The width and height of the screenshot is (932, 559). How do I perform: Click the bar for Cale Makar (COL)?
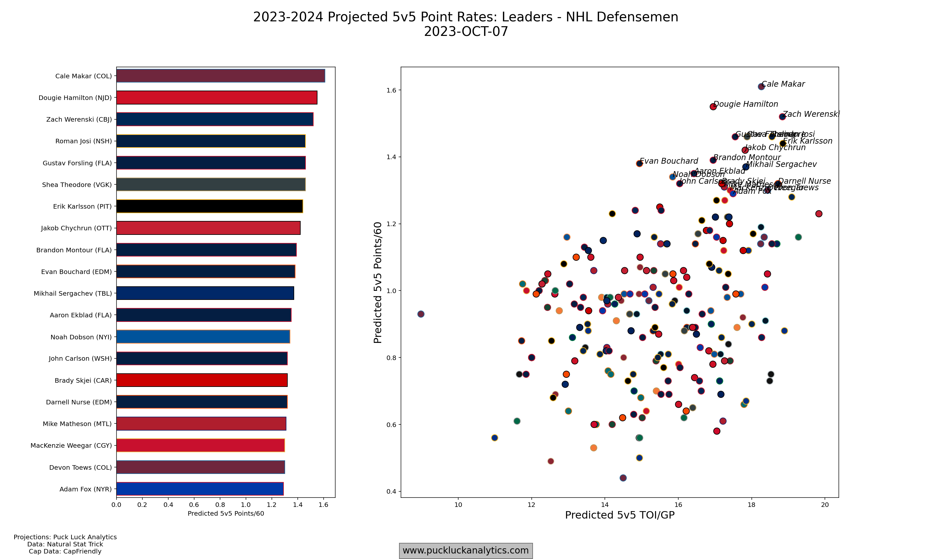[x=220, y=76]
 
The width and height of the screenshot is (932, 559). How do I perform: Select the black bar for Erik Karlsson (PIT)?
[x=209, y=206]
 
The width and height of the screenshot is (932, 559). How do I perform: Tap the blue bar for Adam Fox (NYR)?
[x=200, y=489]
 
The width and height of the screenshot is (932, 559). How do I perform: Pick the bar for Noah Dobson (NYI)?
[x=203, y=337]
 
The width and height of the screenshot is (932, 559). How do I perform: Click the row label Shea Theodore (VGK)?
[x=77, y=185]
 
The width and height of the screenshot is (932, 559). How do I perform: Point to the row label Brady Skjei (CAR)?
[x=83, y=380]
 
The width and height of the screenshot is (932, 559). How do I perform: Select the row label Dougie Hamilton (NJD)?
[x=75, y=98]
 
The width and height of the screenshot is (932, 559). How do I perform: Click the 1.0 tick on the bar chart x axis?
[x=246, y=505]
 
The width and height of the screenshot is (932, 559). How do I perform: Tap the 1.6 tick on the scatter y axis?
[x=392, y=90]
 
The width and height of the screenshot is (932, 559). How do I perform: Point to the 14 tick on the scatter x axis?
[x=605, y=505]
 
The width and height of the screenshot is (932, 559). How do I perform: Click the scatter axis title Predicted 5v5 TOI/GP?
[x=620, y=515]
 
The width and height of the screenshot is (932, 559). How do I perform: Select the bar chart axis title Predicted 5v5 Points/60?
[x=226, y=513]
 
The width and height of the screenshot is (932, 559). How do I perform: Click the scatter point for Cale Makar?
[x=761, y=87]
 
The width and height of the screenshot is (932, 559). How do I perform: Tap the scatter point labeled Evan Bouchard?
[x=639, y=163]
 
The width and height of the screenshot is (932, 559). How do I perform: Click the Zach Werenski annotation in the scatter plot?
[x=811, y=114]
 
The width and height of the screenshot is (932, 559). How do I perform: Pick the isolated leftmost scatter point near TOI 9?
[x=421, y=314]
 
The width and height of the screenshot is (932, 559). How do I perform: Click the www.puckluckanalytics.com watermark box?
[x=466, y=550]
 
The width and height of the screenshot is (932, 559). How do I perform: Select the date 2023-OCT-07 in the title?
[x=466, y=32]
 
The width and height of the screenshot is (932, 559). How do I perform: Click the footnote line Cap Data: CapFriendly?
[x=65, y=552]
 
